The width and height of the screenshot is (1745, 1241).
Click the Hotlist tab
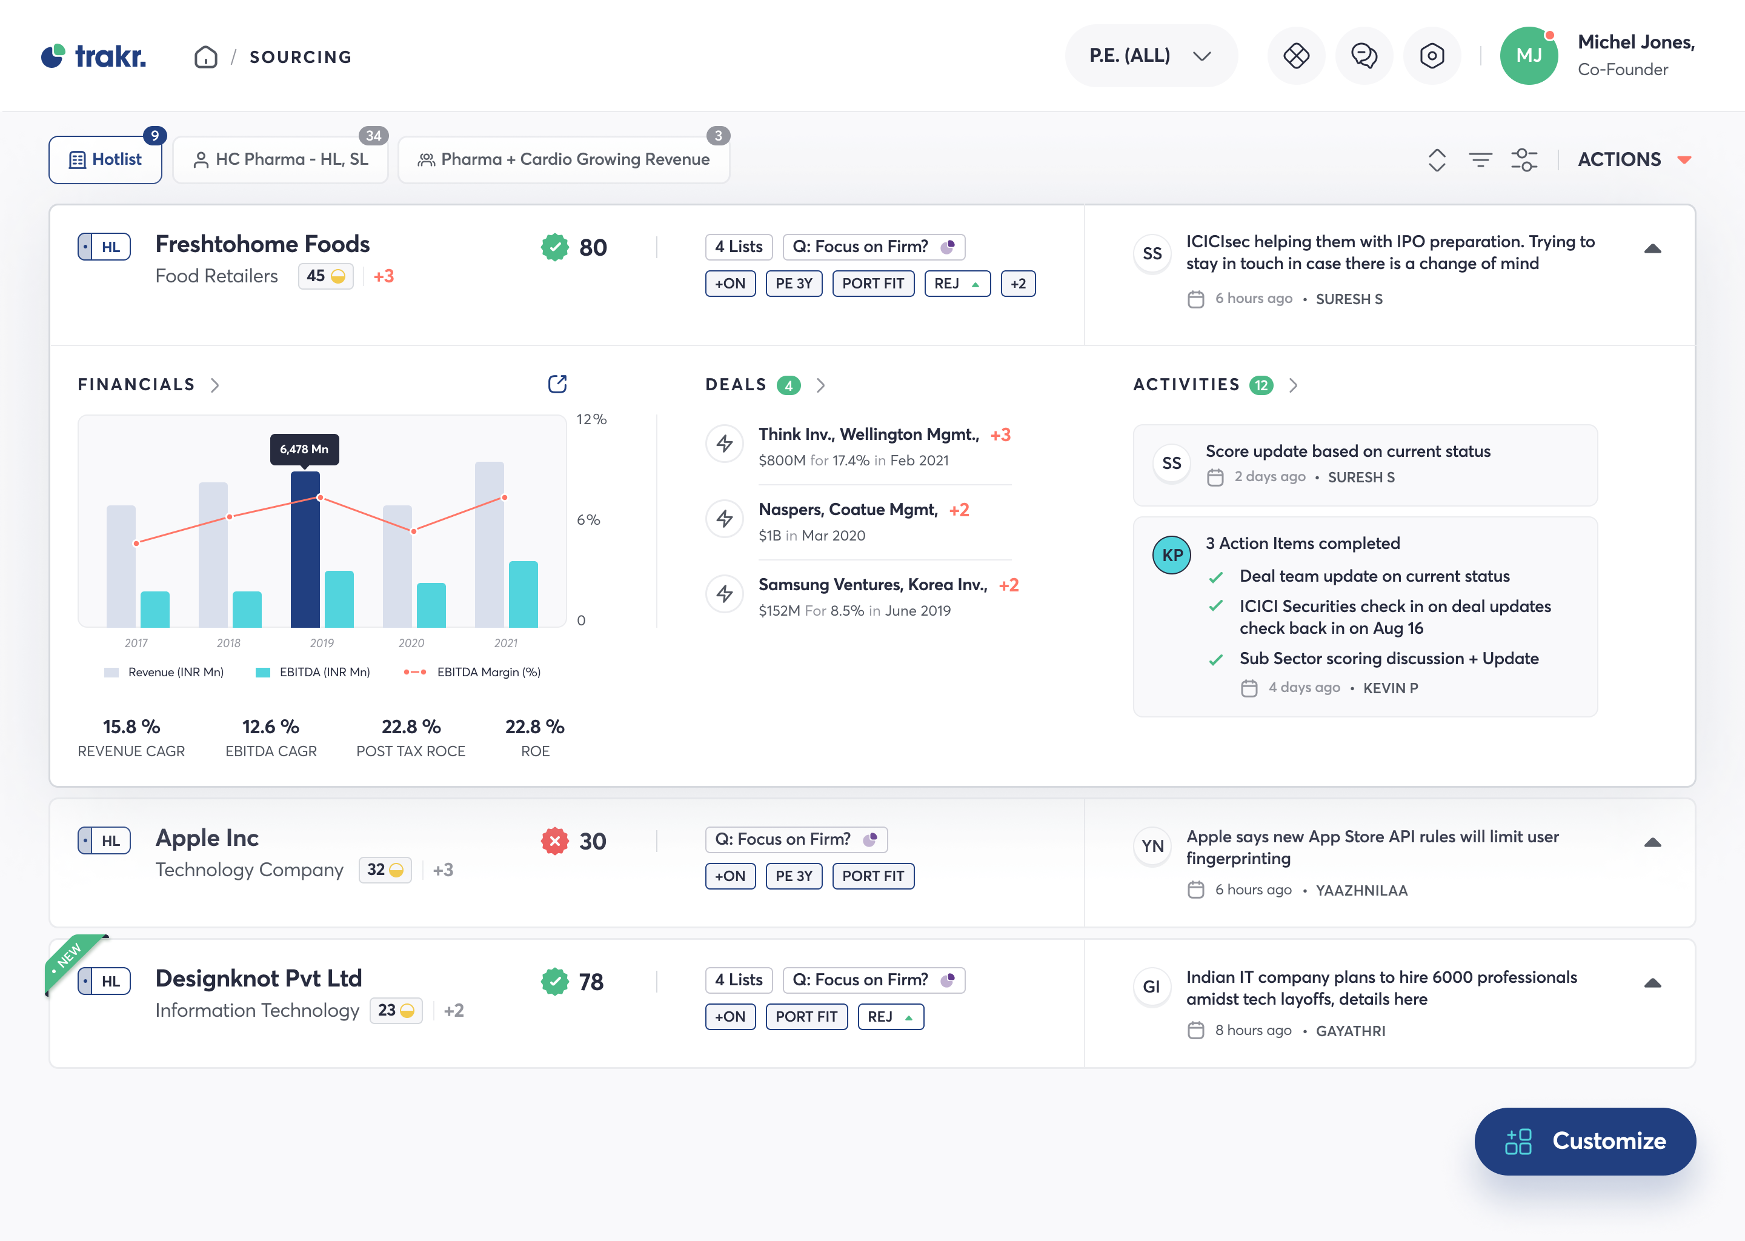pos(105,160)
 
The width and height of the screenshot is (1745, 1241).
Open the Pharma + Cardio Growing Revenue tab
pos(564,160)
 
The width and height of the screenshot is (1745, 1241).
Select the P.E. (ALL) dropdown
pos(1150,56)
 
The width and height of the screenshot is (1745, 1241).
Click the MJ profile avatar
pos(1528,56)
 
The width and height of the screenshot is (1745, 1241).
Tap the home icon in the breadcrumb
pos(205,58)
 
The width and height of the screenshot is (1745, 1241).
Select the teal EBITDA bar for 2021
pos(523,594)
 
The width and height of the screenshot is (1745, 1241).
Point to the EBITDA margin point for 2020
pos(413,531)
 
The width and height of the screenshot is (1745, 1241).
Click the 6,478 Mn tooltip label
pos(304,450)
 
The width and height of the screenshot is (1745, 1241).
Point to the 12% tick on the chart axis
pos(591,419)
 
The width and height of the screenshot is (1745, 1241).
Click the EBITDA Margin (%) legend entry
pos(472,673)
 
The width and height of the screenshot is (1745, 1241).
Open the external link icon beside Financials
pos(557,384)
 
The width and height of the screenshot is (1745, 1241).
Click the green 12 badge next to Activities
pos(1261,385)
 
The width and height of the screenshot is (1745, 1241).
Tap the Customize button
pos(1584,1141)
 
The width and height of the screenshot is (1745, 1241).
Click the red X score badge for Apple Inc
pos(554,841)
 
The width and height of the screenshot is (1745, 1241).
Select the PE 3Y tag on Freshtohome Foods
pos(793,284)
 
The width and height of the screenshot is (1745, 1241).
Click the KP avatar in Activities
pos(1171,556)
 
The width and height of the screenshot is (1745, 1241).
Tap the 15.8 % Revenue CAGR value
pos(131,727)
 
